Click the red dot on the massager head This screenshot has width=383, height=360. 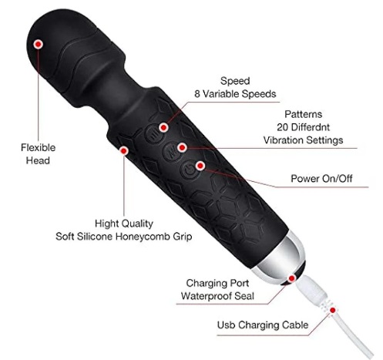click(38, 44)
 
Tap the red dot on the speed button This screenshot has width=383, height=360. click(163, 127)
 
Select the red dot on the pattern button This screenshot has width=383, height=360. click(182, 147)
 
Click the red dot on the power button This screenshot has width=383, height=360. click(200, 166)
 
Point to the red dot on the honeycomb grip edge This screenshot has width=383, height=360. click(124, 150)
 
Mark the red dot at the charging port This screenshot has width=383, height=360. click(291, 278)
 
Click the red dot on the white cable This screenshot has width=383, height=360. click(333, 310)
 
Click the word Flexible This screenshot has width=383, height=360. click(38, 147)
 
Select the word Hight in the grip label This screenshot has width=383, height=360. click(108, 224)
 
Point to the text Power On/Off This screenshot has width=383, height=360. click(321, 179)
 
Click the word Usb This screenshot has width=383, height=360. click(226, 325)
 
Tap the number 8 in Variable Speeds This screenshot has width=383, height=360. click(197, 94)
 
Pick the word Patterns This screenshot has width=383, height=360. click(303, 114)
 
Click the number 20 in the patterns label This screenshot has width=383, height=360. click(283, 127)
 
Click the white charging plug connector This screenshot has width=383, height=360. click(312, 291)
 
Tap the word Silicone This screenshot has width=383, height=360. click(95, 237)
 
